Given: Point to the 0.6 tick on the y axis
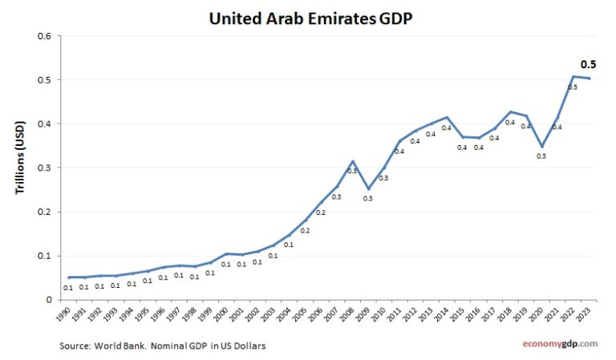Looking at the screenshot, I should (x=44, y=36).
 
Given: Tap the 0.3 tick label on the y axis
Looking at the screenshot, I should (x=44, y=168).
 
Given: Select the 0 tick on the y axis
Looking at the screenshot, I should (x=48, y=299).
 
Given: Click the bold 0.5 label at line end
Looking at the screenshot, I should (x=588, y=65).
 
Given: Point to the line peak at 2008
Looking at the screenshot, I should (x=352, y=161).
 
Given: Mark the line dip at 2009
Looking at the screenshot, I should (x=368, y=189).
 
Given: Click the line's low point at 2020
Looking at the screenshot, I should (x=541, y=147).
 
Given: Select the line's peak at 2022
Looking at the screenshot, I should (x=573, y=77).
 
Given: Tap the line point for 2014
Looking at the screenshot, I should (x=447, y=118).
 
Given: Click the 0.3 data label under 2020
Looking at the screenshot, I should (x=541, y=156).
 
